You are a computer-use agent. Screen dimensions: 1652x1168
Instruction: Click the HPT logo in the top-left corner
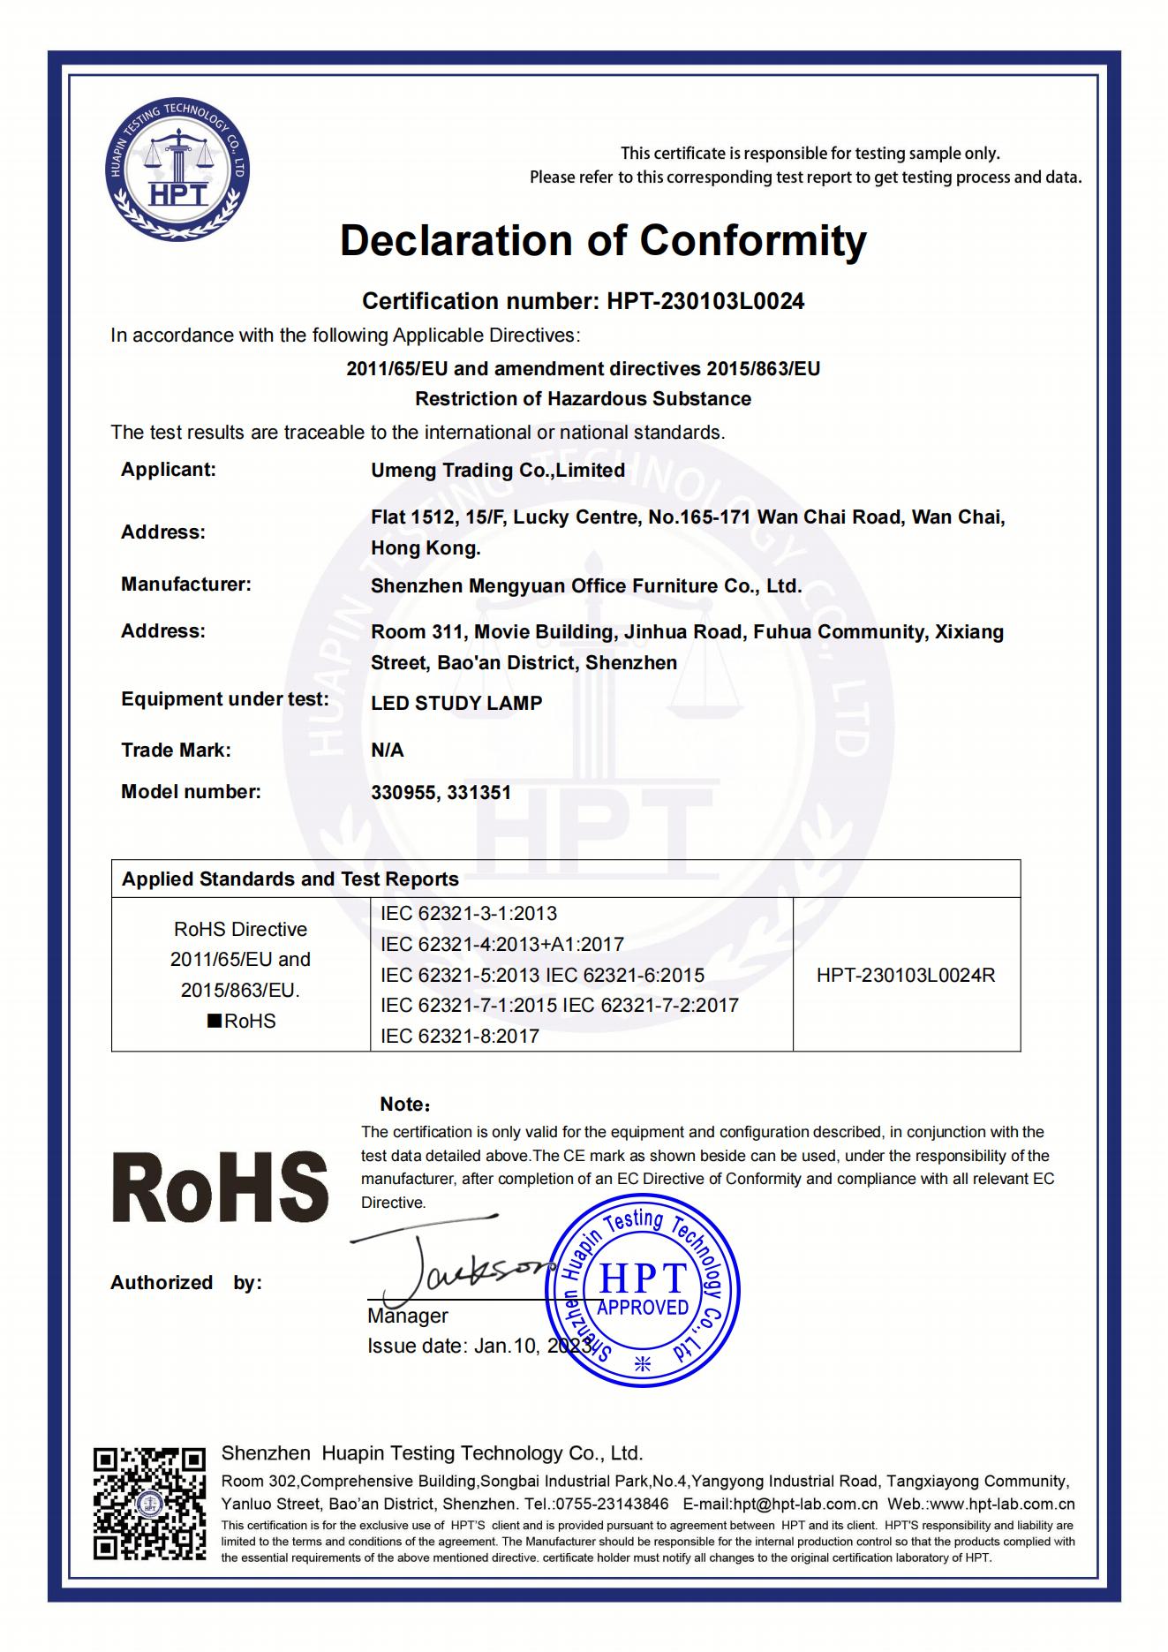tap(177, 171)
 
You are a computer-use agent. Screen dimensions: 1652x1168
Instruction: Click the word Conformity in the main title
tap(753, 240)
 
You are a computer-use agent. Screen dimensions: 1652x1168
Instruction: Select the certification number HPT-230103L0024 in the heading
tap(705, 302)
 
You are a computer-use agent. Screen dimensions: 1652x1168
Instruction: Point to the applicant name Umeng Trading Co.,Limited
tap(497, 471)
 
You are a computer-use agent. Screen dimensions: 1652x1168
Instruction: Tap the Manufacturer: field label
tap(185, 585)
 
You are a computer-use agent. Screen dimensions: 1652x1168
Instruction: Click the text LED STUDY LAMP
tap(456, 704)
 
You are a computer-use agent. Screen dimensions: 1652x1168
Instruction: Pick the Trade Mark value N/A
tap(387, 751)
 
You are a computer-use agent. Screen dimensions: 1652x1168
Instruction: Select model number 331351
tap(479, 793)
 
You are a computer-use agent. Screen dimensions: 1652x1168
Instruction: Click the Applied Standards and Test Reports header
tap(290, 879)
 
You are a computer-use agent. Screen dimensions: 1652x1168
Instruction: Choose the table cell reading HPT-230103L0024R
tap(906, 976)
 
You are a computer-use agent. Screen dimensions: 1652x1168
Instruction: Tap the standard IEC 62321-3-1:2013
tap(469, 914)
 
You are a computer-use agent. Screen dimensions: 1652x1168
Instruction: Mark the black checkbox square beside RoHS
tap(214, 1022)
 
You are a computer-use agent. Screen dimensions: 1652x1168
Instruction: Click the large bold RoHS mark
tap(220, 1187)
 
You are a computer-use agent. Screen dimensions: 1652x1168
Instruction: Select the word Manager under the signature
tap(407, 1316)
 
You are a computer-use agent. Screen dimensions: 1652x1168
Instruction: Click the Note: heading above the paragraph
tap(404, 1105)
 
